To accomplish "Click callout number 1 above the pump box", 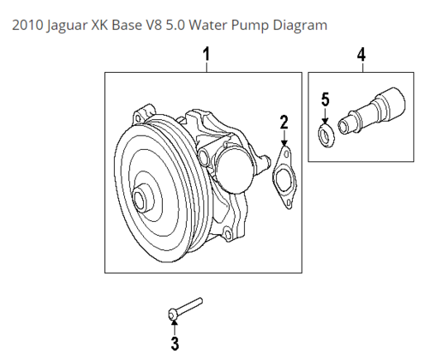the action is pos(207,54).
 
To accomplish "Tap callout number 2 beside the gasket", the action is pos(284,122).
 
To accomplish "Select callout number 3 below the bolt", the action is pos(174,343).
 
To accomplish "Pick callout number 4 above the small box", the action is pos(361,55).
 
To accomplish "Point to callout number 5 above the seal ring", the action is pos(325,99).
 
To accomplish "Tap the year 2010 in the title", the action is pos(27,25).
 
